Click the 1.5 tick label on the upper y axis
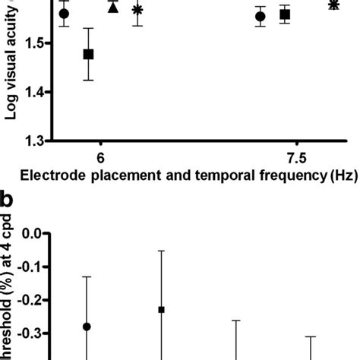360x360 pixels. pos(33,44)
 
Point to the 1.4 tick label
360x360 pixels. pos(33,92)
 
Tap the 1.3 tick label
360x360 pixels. pos(33,141)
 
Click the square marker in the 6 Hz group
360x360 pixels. pos(89,54)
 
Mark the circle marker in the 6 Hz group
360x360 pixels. pos(64,14)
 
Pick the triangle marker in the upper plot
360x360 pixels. pos(113,8)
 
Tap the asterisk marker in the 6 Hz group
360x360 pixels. pos(137,10)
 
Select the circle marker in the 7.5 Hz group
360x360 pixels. pos(261,16)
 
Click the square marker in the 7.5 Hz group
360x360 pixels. pos(285,14)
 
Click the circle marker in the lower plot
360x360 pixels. pos(87,327)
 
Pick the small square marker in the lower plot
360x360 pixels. pos(161,310)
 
